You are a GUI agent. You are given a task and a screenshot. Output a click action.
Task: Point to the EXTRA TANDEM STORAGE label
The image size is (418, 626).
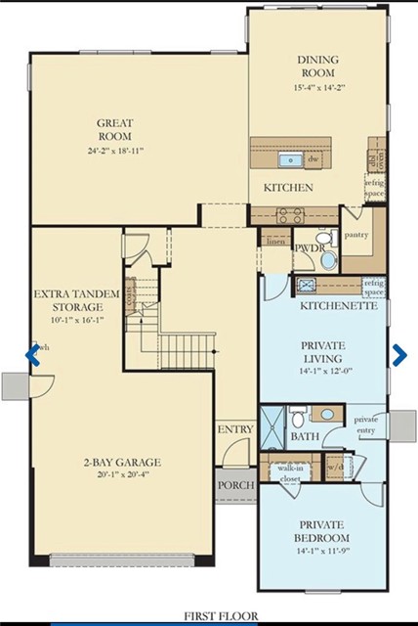pos(76,300)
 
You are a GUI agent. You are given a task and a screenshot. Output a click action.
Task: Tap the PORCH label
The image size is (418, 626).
pos(235,485)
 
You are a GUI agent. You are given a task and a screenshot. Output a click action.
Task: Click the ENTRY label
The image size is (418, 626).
pos(235,429)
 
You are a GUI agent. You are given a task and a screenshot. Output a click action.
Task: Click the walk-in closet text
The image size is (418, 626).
pos(290,474)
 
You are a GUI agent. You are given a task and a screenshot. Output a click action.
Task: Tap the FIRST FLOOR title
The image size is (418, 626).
pos(209,616)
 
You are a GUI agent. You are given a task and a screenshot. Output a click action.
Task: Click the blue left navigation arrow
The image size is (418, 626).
pos(32,354)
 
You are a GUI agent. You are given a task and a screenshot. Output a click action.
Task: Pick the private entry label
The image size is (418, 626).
pos(367,425)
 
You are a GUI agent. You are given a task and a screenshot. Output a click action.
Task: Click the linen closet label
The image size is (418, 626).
pos(275,242)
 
